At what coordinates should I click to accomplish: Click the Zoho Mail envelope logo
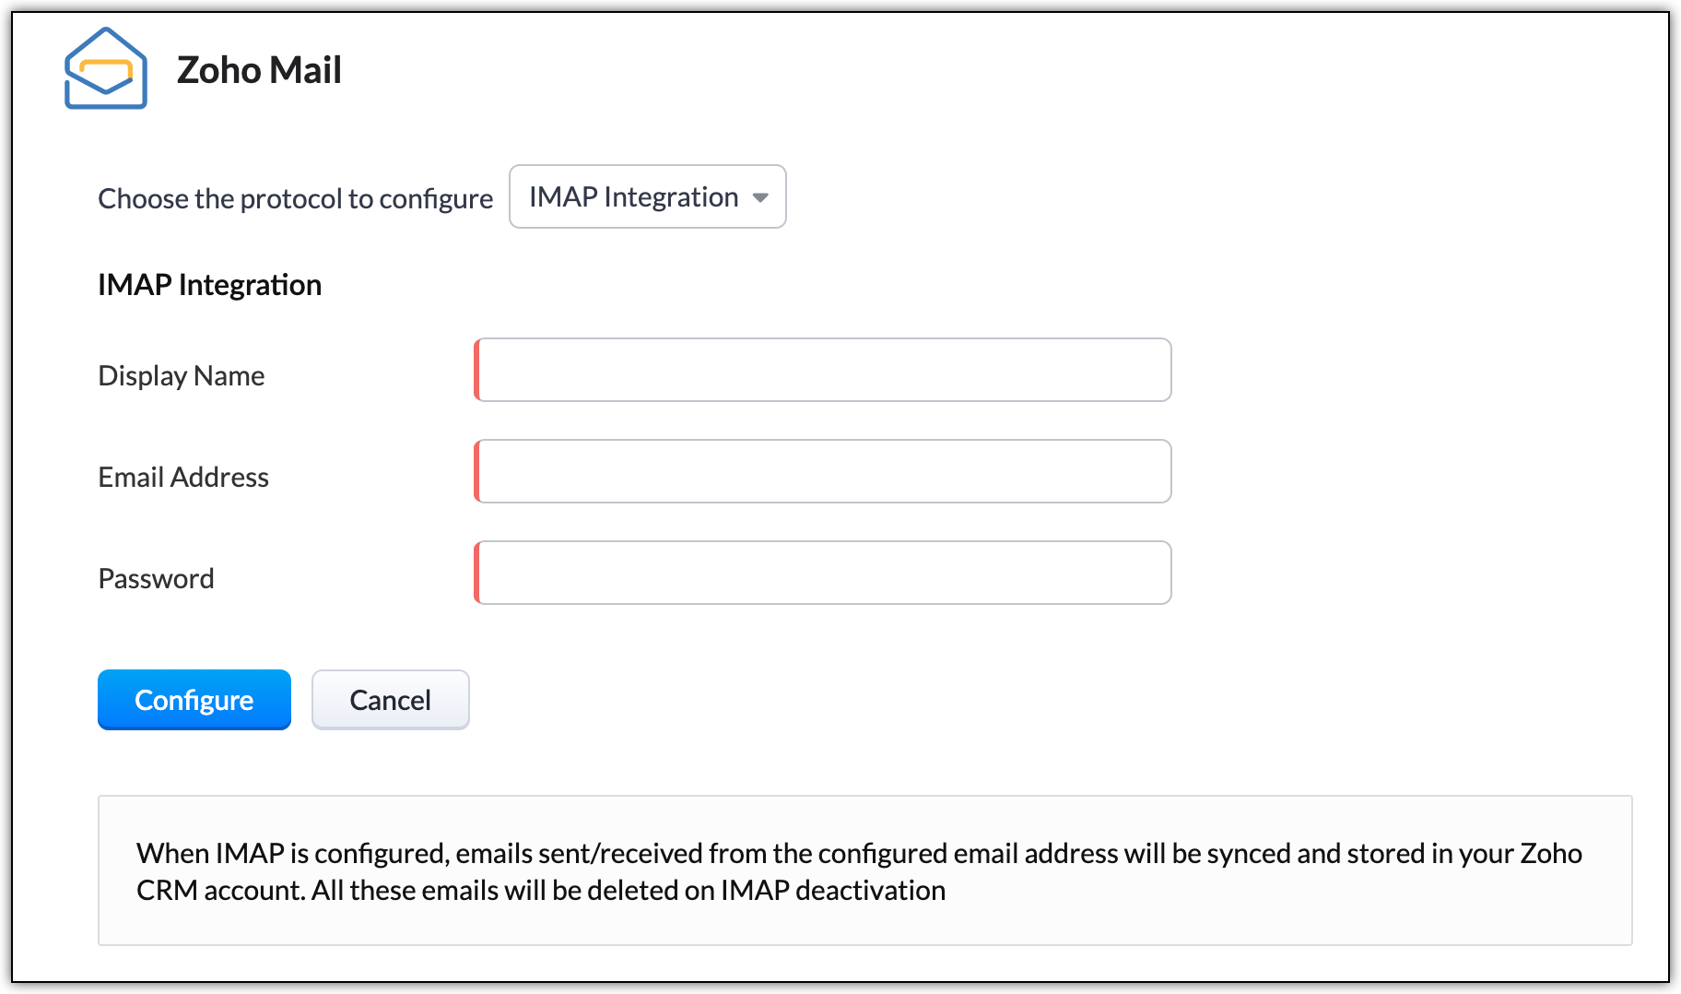(x=105, y=68)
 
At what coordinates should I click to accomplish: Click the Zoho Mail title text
(x=259, y=70)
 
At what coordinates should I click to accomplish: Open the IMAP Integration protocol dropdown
(x=648, y=196)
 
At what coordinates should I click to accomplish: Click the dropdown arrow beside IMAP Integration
(x=760, y=197)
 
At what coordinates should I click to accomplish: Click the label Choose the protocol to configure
(x=296, y=199)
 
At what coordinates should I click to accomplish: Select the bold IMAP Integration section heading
(x=210, y=285)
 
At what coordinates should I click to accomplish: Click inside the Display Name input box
(x=823, y=370)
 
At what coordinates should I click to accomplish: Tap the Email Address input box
(x=823, y=471)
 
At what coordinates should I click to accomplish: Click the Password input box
(x=823, y=573)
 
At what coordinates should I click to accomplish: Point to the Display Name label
(x=182, y=376)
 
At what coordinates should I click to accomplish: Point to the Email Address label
(x=183, y=478)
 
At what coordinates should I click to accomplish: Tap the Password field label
(x=157, y=579)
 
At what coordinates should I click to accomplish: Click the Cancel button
(x=391, y=700)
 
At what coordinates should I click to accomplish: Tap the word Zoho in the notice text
(x=1551, y=854)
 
